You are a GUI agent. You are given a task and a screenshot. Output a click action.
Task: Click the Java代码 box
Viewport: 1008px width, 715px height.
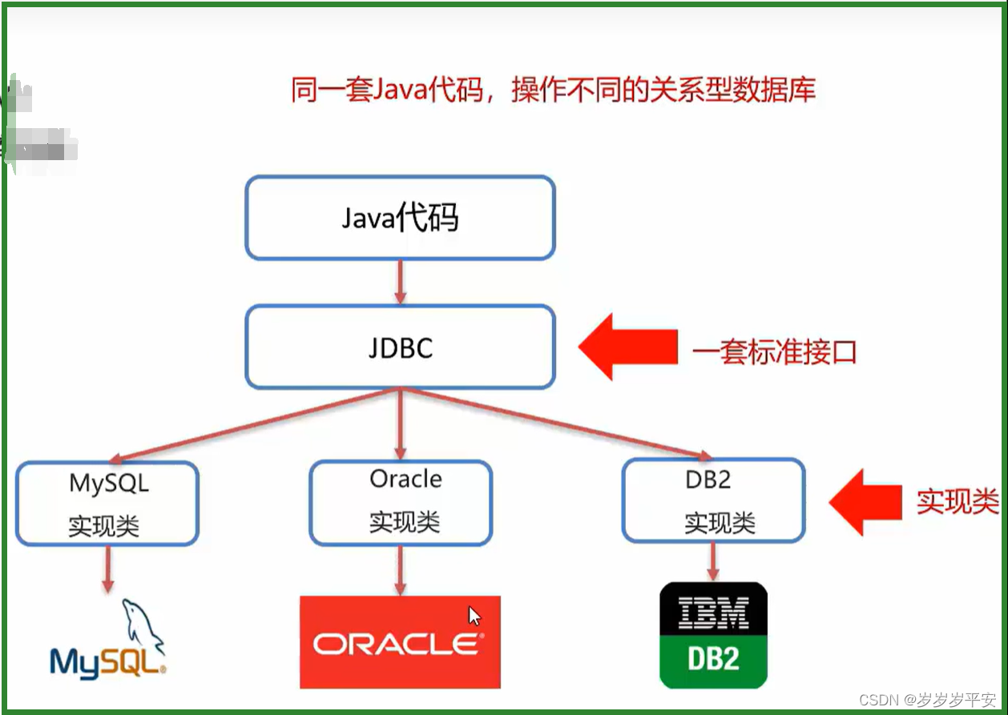coord(400,218)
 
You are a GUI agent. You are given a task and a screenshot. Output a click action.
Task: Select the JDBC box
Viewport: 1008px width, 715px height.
coord(400,347)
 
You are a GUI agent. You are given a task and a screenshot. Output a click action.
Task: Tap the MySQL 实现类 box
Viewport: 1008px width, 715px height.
coord(107,504)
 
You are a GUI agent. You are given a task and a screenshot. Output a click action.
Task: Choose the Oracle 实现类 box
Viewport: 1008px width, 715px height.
coord(401,502)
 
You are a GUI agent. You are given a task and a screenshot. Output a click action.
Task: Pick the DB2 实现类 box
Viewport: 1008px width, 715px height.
coord(713,500)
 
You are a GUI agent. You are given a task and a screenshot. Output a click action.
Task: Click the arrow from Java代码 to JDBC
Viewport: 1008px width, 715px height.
coord(400,282)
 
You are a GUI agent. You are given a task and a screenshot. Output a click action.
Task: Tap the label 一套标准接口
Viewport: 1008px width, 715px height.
coord(774,351)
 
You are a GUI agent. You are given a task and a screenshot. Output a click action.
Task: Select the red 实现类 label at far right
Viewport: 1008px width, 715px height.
coord(958,501)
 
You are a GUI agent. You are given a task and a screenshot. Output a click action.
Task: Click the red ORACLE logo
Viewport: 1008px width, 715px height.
coord(400,642)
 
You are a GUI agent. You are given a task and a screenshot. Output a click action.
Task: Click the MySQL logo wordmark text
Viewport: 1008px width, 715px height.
coord(107,661)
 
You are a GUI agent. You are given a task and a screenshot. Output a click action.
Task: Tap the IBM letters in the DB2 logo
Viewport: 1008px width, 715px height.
coord(713,613)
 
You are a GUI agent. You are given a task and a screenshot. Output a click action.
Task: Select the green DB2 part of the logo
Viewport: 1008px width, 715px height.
coord(713,658)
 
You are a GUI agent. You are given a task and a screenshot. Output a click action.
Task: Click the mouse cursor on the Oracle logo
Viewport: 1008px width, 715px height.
coord(474,616)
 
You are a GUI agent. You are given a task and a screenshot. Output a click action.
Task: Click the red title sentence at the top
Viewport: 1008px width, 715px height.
coord(552,90)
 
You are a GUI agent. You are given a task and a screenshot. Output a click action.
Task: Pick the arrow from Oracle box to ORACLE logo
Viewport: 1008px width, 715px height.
coord(400,570)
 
